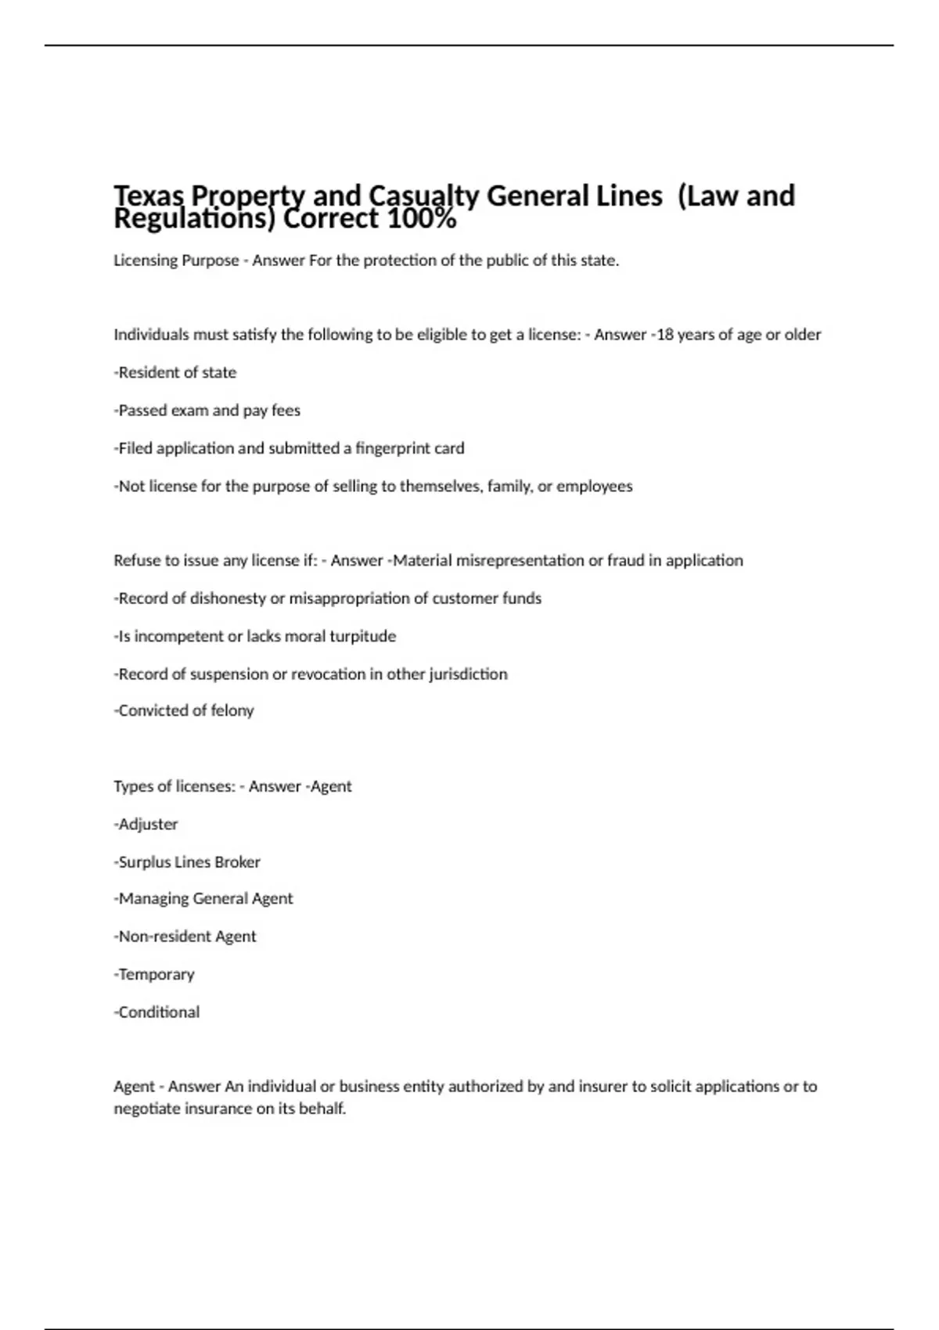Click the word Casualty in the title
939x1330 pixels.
[x=423, y=196]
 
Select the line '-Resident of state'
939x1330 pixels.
[x=175, y=372]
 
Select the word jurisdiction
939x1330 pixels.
[x=467, y=674]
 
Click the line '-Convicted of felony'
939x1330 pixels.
[x=184, y=710]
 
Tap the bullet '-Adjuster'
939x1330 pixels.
[x=146, y=824]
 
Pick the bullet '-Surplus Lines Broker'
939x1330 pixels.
[x=187, y=861]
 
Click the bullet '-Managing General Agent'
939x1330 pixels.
[x=203, y=899]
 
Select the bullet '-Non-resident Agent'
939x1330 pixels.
[x=185, y=936]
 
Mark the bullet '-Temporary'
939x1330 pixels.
[x=154, y=974]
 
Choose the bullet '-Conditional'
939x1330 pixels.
[x=157, y=1012]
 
